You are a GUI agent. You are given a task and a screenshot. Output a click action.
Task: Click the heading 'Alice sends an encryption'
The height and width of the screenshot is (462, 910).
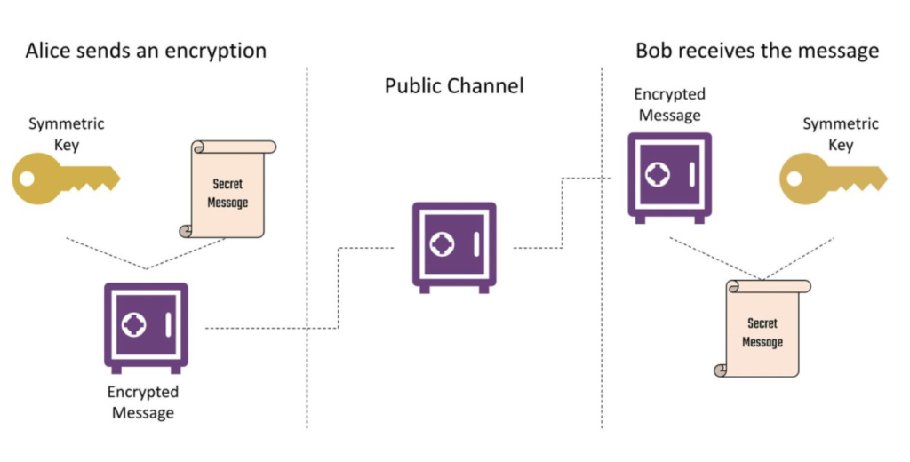(146, 51)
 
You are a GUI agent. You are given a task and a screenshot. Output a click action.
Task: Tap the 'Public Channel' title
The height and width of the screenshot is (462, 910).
(454, 86)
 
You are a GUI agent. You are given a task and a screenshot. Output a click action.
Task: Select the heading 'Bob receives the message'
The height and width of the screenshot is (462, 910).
(757, 51)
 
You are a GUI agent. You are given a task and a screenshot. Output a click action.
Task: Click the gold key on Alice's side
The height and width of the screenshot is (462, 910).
(66, 179)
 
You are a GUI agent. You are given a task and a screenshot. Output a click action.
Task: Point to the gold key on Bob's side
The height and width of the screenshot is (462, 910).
(833, 179)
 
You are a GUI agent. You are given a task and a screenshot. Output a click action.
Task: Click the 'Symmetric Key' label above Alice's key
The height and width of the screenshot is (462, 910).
(67, 134)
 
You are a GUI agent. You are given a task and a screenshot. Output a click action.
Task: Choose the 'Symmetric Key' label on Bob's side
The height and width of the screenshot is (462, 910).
(841, 134)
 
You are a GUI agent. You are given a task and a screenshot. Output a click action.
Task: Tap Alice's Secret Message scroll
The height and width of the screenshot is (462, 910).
(227, 188)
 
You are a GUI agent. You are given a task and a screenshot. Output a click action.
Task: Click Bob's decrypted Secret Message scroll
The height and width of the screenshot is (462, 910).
(762, 328)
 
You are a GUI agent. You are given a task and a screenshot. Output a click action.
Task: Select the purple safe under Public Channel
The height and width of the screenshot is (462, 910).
(454, 247)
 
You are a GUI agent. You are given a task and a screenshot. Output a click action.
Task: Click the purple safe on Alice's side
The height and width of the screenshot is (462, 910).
(147, 327)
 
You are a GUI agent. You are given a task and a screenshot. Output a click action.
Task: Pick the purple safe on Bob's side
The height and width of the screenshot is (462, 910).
(670, 177)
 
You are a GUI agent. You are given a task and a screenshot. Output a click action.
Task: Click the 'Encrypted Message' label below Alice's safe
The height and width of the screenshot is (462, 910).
(143, 402)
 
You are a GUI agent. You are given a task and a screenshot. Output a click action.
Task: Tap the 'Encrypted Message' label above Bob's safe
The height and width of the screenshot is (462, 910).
(670, 105)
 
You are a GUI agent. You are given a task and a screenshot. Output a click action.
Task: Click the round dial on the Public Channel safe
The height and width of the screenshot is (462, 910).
(443, 244)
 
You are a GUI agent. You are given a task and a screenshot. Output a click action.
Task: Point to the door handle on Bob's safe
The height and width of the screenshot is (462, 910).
(691, 174)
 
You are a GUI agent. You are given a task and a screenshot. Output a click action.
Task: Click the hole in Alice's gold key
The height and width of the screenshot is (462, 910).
(27, 179)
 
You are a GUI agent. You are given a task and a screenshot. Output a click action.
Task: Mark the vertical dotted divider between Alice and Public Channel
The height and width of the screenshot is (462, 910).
(307, 248)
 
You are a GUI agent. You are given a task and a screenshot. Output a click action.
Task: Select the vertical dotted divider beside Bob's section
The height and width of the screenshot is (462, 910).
(602, 248)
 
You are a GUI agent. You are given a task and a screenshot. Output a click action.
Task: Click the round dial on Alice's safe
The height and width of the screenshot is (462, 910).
(134, 324)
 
